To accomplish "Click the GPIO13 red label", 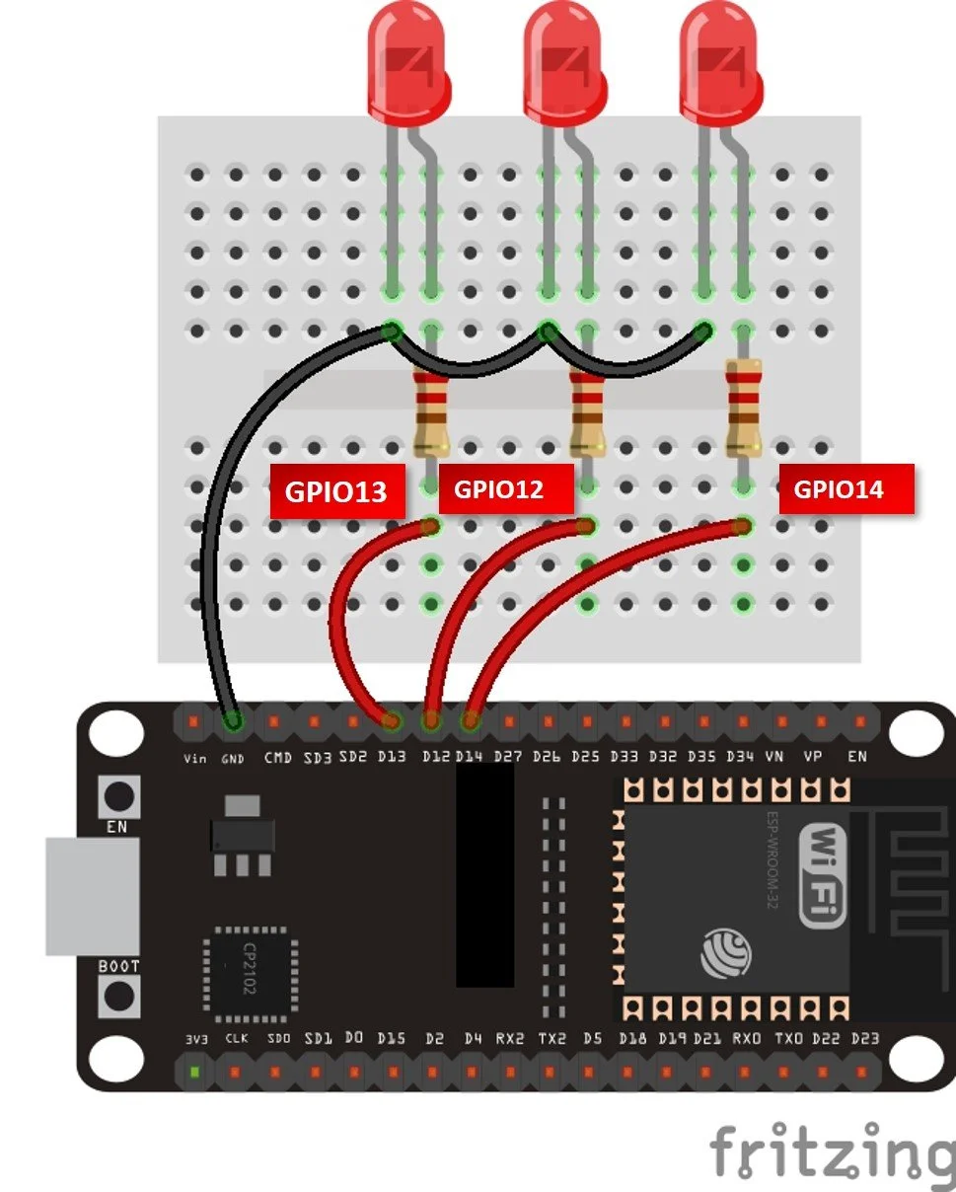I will click(x=337, y=490).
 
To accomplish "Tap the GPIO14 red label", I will click(x=846, y=487).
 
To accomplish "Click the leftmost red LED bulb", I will click(x=407, y=59).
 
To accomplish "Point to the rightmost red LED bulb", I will click(x=720, y=59).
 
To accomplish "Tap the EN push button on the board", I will click(x=118, y=795).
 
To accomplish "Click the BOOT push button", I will click(x=118, y=997).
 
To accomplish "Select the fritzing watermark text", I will click(x=832, y=1152).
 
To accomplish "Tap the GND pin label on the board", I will click(x=233, y=758).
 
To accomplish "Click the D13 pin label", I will click(x=392, y=758).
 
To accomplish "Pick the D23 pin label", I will click(x=864, y=1038).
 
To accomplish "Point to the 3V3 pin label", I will click(x=195, y=1038).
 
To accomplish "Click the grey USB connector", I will click(x=92, y=896).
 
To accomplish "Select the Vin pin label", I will click(x=194, y=758).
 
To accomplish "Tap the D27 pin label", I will click(x=508, y=758).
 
